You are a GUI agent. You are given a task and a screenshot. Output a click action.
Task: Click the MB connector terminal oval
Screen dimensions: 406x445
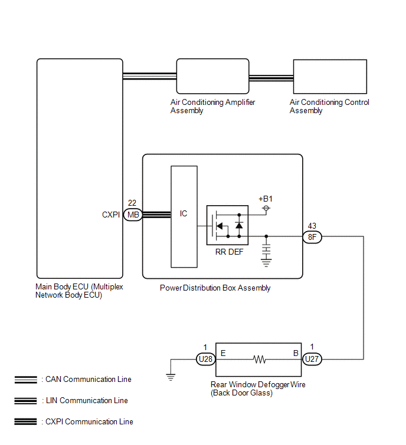pyautogui.click(x=133, y=215)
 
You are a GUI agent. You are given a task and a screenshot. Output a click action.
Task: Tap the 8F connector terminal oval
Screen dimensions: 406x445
pyautogui.click(x=312, y=237)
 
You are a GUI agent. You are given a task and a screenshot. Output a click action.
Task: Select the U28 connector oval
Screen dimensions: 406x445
pyautogui.click(x=206, y=360)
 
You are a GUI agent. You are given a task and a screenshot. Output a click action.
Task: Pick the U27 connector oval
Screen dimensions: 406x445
pyautogui.click(x=312, y=359)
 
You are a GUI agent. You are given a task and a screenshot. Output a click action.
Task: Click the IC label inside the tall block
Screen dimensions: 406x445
pyautogui.click(x=184, y=213)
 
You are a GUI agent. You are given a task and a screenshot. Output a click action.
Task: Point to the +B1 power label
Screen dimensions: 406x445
pyautogui.click(x=266, y=199)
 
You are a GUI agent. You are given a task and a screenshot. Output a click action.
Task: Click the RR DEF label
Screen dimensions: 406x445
pyautogui.click(x=230, y=252)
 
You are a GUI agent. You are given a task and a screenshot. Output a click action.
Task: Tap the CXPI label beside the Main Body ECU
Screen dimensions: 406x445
pyautogui.click(x=111, y=215)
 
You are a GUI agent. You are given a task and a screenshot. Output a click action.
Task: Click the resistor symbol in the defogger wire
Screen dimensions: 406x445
pyautogui.click(x=260, y=360)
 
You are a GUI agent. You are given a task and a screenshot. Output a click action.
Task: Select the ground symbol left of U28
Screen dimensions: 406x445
pyautogui.click(x=171, y=377)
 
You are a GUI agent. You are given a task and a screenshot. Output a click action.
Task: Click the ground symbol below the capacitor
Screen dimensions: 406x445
pyautogui.click(x=266, y=263)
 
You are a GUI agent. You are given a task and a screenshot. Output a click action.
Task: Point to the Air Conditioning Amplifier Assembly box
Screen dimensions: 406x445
pyautogui.click(x=213, y=76)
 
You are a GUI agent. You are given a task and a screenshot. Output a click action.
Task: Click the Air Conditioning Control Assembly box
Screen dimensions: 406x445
pyautogui.click(x=330, y=77)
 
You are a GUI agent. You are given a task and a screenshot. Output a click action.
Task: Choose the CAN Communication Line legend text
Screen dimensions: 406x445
pyautogui.click(x=89, y=379)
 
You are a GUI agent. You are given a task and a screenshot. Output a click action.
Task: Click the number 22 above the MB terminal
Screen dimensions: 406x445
pyautogui.click(x=132, y=203)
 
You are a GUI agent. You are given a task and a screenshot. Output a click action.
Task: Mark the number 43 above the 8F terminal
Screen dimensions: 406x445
pyautogui.click(x=312, y=226)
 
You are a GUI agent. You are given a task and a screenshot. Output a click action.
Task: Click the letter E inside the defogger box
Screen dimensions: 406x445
pyautogui.click(x=223, y=353)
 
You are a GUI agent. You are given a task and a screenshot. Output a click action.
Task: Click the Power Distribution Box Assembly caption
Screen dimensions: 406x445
pyautogui.click(x=215, y=288)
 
